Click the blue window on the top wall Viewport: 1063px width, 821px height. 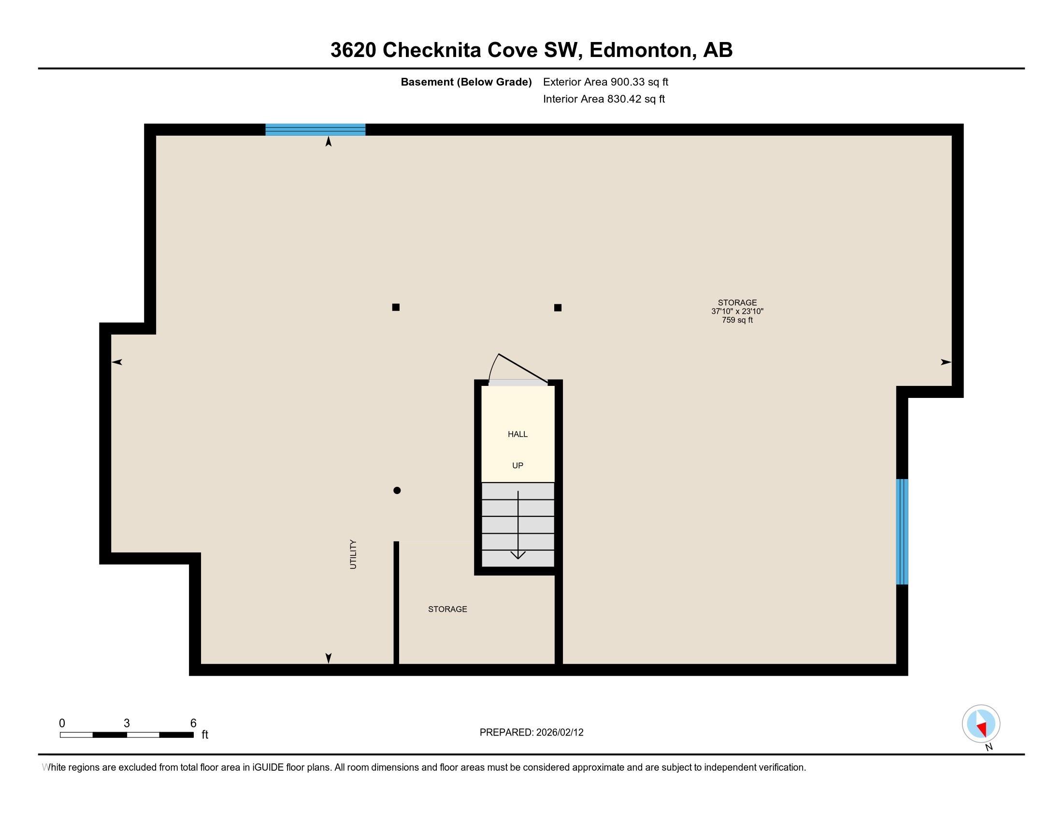point(316,129)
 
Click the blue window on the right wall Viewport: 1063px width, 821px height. point(902,532)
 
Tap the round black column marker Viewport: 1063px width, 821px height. point(397,490)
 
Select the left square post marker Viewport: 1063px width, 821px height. point(396,307)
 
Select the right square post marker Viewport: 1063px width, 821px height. point(558,307)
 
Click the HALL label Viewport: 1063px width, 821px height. point(517,434)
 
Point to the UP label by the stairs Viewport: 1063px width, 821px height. point(517,466)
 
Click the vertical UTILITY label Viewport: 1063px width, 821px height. point(353,554)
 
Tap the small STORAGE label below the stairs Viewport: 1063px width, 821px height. point(447,609)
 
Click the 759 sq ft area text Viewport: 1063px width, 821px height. point(737,320)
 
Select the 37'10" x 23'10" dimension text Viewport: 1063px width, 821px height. point(737,311)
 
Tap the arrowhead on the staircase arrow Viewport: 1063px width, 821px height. point(518,555)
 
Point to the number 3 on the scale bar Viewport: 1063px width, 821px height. point(127,723)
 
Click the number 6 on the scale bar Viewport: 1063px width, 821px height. point(193,723)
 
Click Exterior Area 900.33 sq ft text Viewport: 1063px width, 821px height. point(605,82)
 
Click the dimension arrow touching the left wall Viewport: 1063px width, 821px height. point(117,362)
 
